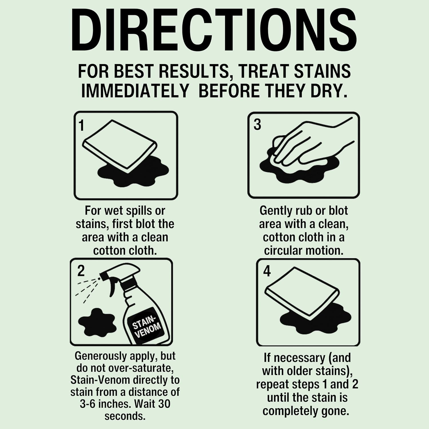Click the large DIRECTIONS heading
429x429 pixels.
pos(214,30)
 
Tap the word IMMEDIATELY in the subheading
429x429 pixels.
pos(135,91)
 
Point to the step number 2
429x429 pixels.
pos(81,271)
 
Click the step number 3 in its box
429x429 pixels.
pos(257,125)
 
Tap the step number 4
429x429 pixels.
pos(267,271)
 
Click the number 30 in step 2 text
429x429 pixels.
pos(164,404)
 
